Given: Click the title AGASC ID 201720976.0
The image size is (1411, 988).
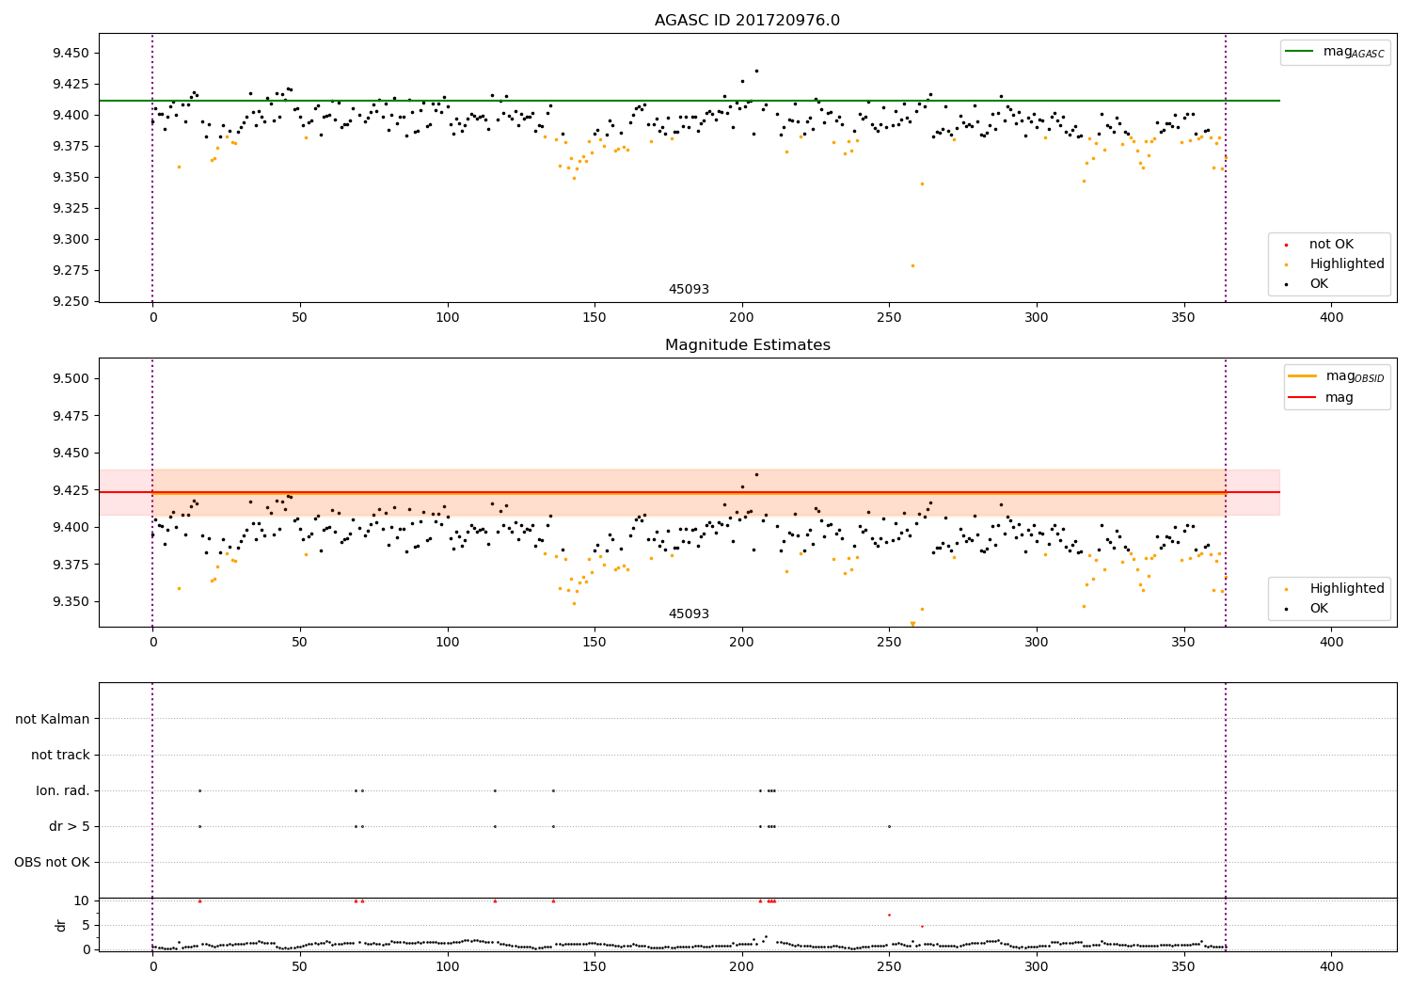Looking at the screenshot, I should (747, 21).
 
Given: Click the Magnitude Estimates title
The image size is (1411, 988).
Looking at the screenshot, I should (747, 345).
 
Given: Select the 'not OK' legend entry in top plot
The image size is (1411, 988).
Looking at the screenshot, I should (1331, 245).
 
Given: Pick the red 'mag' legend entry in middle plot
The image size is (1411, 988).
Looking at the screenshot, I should (1339, 397).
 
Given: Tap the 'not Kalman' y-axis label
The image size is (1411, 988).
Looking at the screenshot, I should (53, 719).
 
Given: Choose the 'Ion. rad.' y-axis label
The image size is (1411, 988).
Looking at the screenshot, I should (63, 790).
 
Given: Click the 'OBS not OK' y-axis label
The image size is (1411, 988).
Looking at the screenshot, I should (53, 862).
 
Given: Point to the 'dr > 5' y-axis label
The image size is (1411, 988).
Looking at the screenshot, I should (70, 826).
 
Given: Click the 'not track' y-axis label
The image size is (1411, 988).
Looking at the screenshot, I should (60, 755).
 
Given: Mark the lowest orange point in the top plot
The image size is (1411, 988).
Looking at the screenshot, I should (912, 265).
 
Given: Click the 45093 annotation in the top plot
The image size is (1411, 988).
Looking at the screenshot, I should (689, 290).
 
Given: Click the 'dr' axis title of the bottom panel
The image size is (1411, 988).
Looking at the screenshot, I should (62, 925).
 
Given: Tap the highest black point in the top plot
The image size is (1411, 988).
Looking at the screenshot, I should (756, 71).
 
